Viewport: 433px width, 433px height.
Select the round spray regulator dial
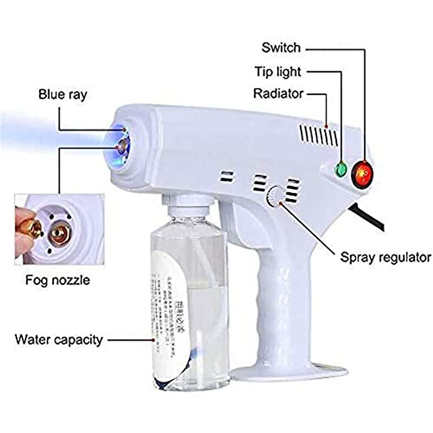(x=274, y=196)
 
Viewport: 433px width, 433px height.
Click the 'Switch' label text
(x=281, y=47)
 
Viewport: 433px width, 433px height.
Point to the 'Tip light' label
(x=278, y=71)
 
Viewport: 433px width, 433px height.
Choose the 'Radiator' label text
(x=278, y=93)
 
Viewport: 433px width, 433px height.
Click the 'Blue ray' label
(x=63, y=95)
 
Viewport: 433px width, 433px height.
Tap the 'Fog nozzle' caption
(x=57, y=280)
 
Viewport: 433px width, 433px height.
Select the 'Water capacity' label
(x=59, y=340)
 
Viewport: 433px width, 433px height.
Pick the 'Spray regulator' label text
(x=385, y=257)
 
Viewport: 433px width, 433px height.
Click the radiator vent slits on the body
(x=319, y=136)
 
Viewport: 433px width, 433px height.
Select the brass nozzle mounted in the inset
(x=60, y=234)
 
